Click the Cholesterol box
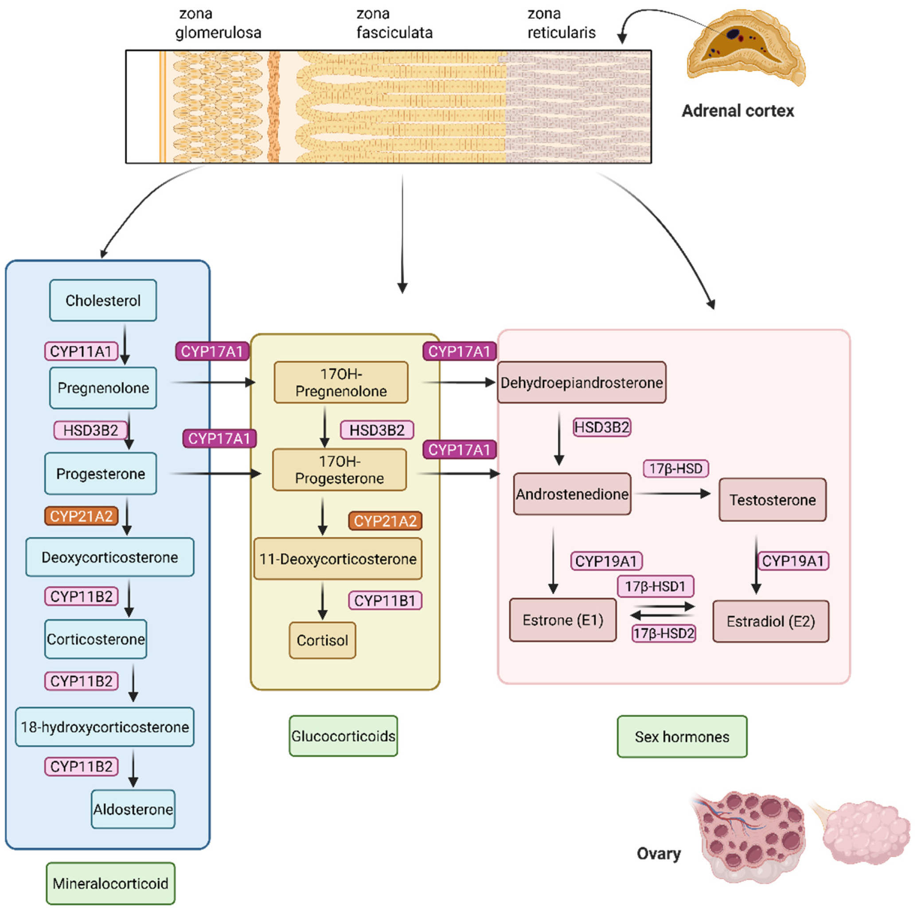coord(103,300)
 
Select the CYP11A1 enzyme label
coord(81,351)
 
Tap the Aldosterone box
coord(133,809)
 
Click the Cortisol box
coord(322,640)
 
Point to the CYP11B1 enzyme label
coord(385,601)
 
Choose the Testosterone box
coord(772,500)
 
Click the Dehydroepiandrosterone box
coord(581,382)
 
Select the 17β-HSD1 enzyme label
coord(656,586)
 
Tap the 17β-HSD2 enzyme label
coord(664,633)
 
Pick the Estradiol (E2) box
coord(771,622)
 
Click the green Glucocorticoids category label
coord(343,736)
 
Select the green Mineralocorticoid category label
coord(111,884)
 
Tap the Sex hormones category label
coord(682,736)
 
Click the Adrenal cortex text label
coord(738,111)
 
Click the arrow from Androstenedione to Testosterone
coord(672,494)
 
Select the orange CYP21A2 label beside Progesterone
coord(81,516)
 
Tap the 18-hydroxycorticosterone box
coord(105,727)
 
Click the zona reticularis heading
coord(562,23)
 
